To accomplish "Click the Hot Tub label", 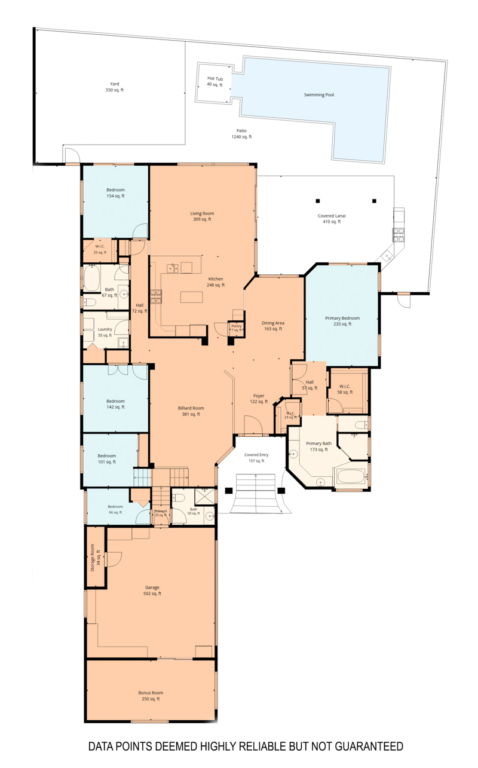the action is (215, 82).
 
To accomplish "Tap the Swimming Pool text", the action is (319, 94).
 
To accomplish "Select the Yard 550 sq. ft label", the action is (115, 87).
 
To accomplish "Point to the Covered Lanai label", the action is (332, 219).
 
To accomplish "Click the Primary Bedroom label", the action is (342, 321).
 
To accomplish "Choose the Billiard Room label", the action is (191, 411).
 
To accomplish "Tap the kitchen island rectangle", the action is (192, 297).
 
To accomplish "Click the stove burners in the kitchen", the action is (156, 297).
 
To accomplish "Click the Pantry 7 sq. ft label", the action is (237, 328).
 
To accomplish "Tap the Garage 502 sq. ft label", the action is (152, 590).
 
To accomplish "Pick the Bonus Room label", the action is (151, 696).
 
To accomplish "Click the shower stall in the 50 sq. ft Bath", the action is (204, 496).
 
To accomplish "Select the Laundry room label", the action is (105, 332).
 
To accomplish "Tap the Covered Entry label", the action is (256, 458).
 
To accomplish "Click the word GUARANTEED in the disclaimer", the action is (369, 746).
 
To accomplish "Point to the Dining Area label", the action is (272, 326).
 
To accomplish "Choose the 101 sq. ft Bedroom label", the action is (106, 459).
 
